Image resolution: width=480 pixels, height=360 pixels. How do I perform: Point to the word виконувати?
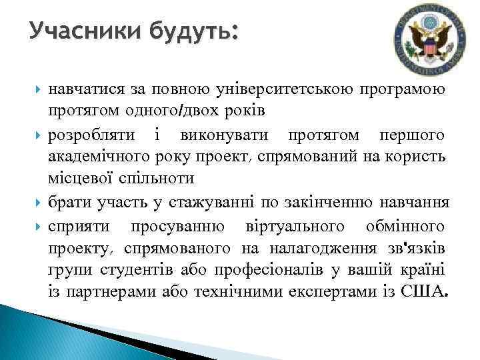click(224, 136)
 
